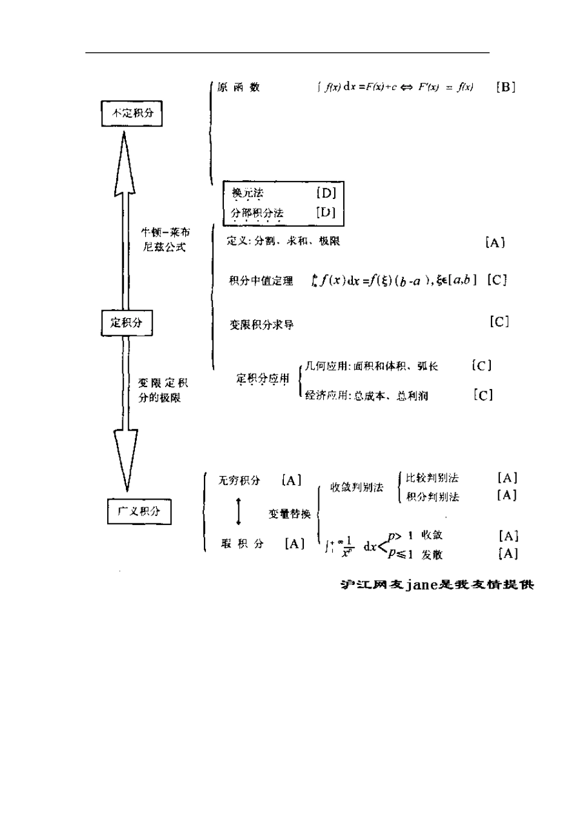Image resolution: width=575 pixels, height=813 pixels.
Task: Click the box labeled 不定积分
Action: point(132,113)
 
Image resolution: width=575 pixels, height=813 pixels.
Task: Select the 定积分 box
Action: point(126,322)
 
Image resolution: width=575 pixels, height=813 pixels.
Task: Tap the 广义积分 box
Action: point(139,511)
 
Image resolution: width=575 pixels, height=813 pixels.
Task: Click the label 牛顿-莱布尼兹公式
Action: point(165,240)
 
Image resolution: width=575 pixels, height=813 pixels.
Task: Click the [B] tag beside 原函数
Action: point(505,87)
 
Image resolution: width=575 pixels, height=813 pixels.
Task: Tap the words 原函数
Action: point(238,87)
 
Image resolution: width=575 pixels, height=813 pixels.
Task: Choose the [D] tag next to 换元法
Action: point(326,193)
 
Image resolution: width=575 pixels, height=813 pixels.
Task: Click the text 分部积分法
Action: point(257,213)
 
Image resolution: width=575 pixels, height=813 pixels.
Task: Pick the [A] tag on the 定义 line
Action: point(495,243)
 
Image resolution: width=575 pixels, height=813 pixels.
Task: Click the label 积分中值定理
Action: point(261,281)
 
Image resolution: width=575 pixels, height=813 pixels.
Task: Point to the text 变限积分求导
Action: point(261,325)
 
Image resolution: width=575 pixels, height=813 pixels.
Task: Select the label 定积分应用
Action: point(263,379)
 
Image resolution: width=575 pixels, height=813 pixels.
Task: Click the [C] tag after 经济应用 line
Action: point(483,395)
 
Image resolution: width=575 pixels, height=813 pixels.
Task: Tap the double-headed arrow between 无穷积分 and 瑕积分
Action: point(238,512)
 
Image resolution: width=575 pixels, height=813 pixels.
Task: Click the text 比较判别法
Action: point(432,478)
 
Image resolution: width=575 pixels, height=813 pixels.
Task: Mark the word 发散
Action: point(432,555)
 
